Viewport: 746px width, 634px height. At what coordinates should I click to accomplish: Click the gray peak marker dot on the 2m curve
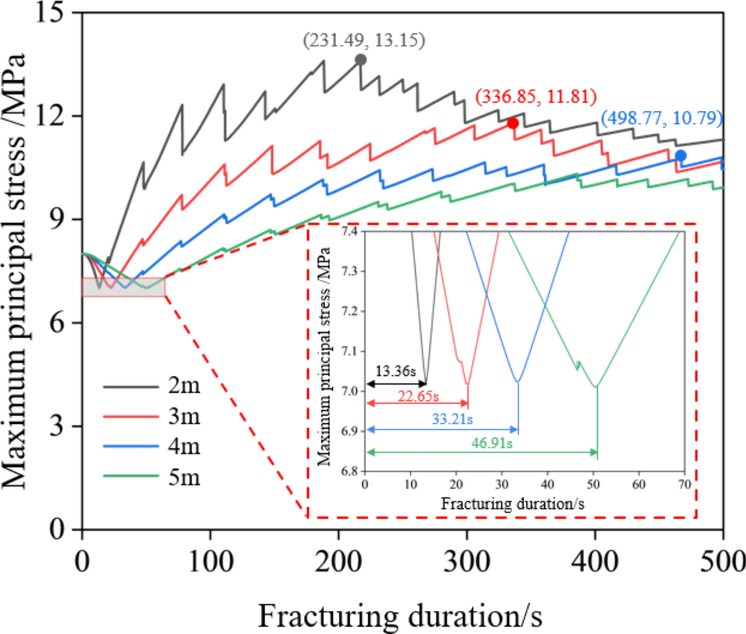pyautogui.click(x=361, y=60)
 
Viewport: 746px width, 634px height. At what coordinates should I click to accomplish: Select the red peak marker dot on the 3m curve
pyautogui.click(x=513, y=123)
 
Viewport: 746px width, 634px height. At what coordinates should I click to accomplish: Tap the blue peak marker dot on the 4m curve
pyautogui.click(x=680, y=156)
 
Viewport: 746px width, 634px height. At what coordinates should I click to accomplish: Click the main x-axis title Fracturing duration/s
pyautogui.click(x=399, y=599)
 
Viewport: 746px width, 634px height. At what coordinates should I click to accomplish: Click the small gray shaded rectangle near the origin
pyautogui.click(x=123, y=287)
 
